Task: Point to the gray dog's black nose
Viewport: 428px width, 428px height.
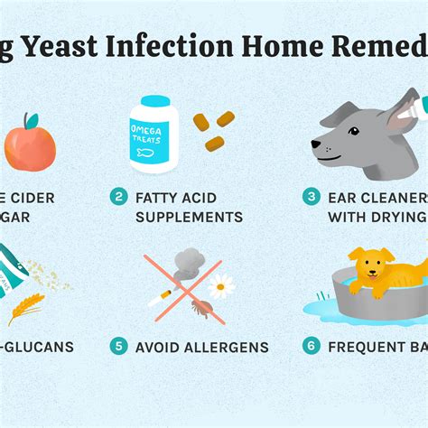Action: pyautogui.click(x=315, y=144)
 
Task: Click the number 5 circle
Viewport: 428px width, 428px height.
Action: pyautogui.click(x=118, y=347)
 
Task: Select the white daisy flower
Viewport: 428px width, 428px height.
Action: pyautogui.click(x=221, y=287)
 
